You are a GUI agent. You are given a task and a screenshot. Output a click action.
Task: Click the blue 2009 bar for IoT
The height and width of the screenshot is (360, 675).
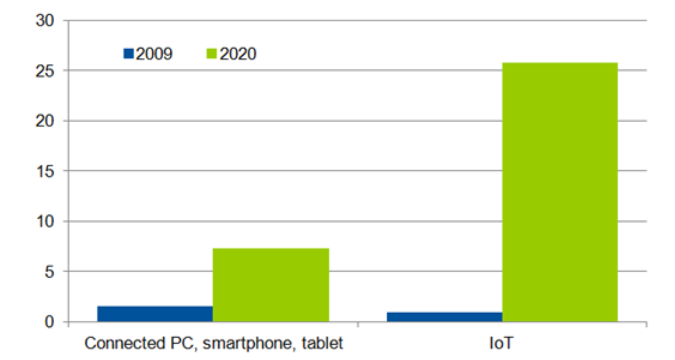point(444,317)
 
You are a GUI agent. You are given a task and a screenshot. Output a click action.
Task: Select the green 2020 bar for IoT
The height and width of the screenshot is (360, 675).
point(560,192)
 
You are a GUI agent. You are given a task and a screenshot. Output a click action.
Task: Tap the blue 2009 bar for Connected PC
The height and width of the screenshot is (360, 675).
point(154,314)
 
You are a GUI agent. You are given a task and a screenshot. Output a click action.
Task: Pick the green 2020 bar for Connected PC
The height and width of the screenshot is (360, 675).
point(271,285)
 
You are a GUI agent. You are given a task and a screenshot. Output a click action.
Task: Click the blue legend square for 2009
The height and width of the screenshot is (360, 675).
point(128,54)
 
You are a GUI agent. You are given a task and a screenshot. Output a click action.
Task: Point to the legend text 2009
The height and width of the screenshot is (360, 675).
point(153,54)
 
